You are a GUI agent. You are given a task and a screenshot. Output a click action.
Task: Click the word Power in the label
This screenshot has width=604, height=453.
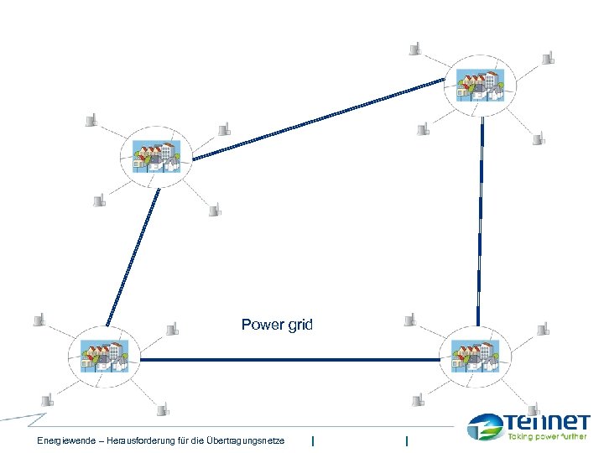[x=260, y=325]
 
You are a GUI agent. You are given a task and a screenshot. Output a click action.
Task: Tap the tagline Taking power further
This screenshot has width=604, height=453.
[x=546, y=437]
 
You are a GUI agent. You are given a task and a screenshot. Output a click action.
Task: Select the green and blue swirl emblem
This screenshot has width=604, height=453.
[x=486, y=426]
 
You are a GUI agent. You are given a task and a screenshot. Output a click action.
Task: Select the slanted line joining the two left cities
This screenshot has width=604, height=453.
[x=133, y=256]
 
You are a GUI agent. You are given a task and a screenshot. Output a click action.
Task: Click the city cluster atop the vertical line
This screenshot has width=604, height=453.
[x=481, y=83]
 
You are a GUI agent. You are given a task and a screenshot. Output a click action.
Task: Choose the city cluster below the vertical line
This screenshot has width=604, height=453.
[x=475, y=353]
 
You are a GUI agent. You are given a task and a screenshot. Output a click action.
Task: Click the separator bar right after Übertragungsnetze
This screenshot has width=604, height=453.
[x=312, y=440]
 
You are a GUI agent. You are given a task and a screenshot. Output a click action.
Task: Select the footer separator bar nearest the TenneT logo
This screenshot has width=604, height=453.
[x=406, y=440]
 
